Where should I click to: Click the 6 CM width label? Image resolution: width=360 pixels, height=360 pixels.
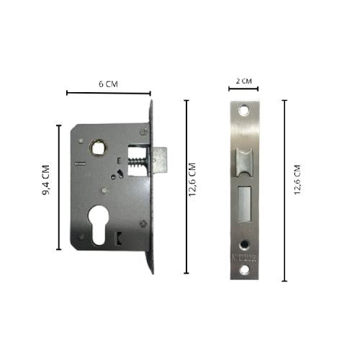click(109, 84)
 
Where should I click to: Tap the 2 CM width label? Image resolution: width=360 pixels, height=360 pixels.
click(245, 83)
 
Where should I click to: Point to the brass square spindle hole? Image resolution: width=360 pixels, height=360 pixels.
click(96, 147)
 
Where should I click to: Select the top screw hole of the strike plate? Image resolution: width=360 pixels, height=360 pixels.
click(245, 112)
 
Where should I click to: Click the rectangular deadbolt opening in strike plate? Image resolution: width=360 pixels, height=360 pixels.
click(244, 204)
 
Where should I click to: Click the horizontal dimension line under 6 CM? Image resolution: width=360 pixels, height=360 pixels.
click(109, 93)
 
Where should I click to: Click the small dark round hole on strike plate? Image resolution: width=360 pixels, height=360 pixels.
click(245, 243)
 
